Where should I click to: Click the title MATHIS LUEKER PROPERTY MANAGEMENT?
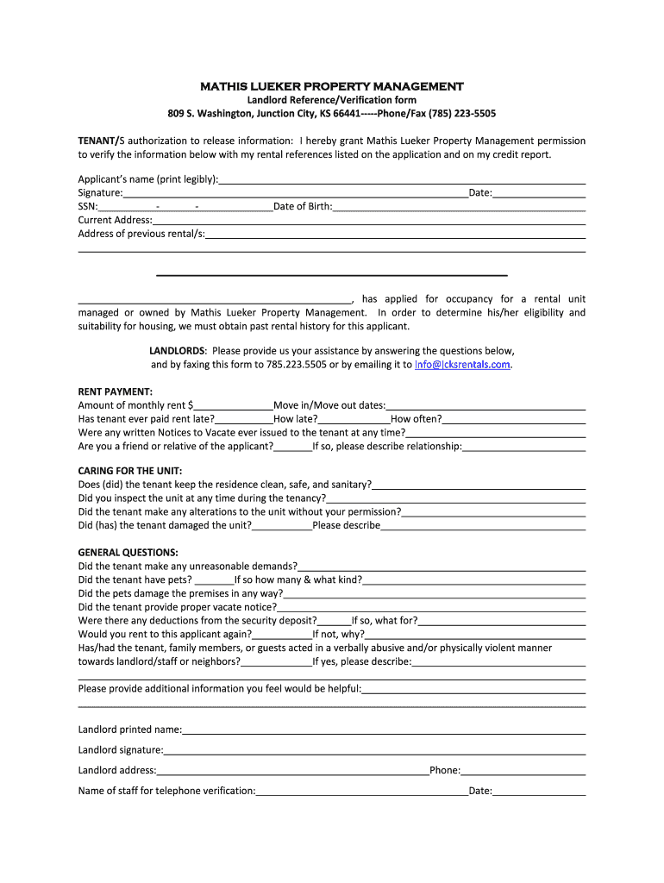[x=332, y=86]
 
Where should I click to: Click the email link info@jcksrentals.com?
[x=463, y=365]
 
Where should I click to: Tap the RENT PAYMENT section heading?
[x=115, y=391]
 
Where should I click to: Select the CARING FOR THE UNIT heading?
[x=130, y=471]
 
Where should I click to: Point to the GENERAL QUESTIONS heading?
[x=128, y=552]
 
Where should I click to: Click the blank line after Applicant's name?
[x=402, y=180]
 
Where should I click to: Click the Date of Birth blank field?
[x=459, y=207]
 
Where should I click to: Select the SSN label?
[x=87, y=207]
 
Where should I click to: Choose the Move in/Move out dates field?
[x=485, y=405]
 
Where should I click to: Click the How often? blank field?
[x=514, y=419]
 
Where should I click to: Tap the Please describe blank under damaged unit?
[x=483, y=525]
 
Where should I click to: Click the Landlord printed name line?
[x=384, y=730]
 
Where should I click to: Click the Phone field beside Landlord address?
[x=523, y=771]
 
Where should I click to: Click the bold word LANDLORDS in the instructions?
[x=177, y=352]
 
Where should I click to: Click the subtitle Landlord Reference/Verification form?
[x=332, y=100]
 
